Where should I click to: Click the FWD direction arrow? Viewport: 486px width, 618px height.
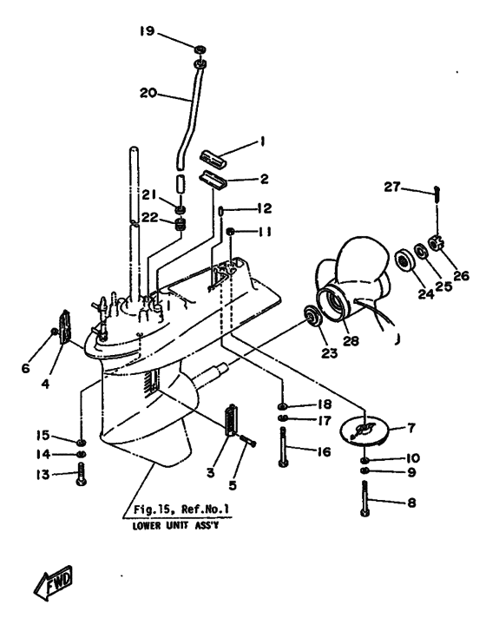coord(54,583)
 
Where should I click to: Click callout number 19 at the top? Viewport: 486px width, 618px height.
coord(147,30)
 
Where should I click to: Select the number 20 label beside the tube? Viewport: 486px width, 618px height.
coord(148,93)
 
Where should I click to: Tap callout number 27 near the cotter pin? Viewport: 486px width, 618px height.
coord(392,187)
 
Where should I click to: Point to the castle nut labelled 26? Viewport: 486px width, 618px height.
coord(436,242)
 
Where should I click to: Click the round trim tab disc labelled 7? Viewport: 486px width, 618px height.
coord(364,430)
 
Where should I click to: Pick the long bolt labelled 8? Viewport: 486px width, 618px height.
coord(364,498)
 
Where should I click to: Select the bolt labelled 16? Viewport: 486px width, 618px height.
coord(283,447)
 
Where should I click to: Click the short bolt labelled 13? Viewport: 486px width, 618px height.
coord(82,474)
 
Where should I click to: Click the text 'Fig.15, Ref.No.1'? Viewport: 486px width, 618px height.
coord(181,510)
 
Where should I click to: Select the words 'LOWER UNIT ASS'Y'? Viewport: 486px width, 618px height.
coord(175,525)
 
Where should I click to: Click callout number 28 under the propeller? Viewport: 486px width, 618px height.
coord(351,340)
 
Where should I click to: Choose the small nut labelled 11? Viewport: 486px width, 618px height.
coord(230,231)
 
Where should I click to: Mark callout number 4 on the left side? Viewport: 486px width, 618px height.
coord(45,383)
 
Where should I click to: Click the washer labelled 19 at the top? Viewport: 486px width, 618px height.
coord(200,49)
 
